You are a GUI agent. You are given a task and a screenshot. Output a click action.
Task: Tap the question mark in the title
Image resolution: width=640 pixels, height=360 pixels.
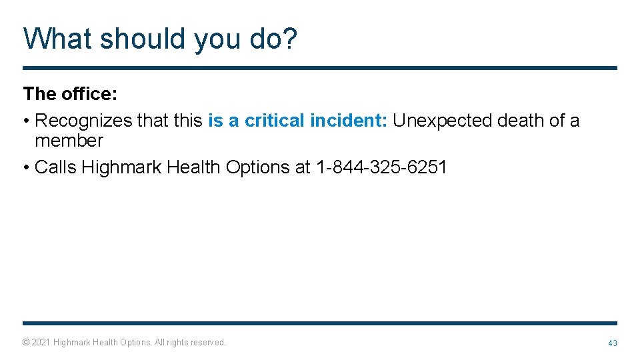tap(290, 39)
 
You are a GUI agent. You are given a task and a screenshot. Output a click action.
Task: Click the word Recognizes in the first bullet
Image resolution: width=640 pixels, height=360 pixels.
tap(83, 121)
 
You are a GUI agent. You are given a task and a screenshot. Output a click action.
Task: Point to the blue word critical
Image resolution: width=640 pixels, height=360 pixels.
tap(275, 121)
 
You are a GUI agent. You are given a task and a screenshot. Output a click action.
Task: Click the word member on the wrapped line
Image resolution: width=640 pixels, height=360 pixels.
tap(69, 141)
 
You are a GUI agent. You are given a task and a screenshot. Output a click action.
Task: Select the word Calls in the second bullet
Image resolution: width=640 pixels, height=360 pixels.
tap(55, 167)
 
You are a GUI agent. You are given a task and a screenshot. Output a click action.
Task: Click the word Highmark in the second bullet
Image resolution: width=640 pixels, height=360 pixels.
tap(121, 167)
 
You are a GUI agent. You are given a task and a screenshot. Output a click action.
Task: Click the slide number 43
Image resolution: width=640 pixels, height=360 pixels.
tap(612, 343)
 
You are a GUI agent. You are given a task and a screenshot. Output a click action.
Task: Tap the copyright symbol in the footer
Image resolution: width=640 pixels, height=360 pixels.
tap(25, 343)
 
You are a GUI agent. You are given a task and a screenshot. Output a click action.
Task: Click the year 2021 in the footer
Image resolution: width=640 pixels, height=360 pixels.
tap(41, 343)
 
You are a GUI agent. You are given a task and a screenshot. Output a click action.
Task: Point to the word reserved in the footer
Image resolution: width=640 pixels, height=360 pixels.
tap(208, 343)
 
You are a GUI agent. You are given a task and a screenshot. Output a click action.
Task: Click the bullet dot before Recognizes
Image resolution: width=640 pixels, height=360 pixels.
tap(26, 121)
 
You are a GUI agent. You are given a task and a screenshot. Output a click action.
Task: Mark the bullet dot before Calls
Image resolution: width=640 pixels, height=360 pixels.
tap(26, 167)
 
